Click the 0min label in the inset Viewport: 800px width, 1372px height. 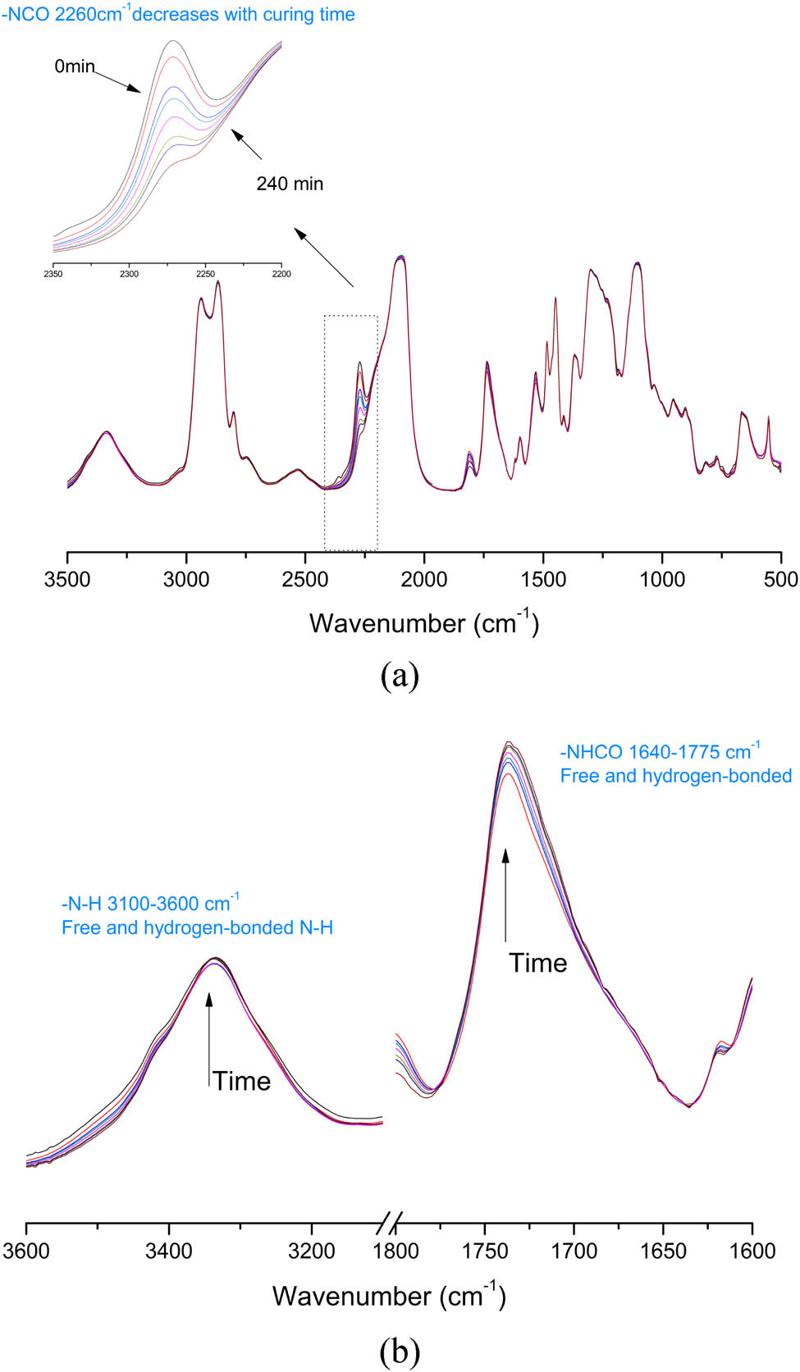tap(75, 66)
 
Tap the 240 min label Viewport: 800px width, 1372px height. tap(290, 184)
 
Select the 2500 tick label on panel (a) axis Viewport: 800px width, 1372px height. tap(305, 580)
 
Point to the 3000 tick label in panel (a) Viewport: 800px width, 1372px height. tap(186, 580)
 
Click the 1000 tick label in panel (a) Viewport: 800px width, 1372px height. tap(662, 580)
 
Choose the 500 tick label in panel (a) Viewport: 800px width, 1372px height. tap(780, 580)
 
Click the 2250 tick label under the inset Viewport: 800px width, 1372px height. tap(205, 274)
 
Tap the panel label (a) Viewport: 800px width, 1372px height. tap(400, 676)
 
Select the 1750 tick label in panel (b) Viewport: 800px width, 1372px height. tap(485, 1251)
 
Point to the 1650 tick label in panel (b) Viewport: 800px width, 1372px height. tap(663, 1251)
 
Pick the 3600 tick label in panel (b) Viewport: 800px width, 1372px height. tap(27, 1251)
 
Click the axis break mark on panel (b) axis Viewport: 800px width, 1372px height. tap(389, 1224)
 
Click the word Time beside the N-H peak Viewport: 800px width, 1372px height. tap(242, 1081)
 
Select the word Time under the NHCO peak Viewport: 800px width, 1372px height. tap(537, 963)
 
